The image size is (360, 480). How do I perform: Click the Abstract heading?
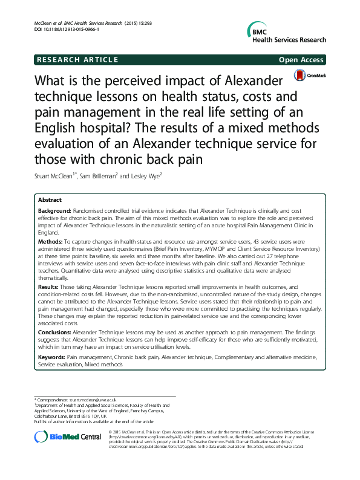(50, 199)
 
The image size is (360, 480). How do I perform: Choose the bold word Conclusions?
(57, 332)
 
